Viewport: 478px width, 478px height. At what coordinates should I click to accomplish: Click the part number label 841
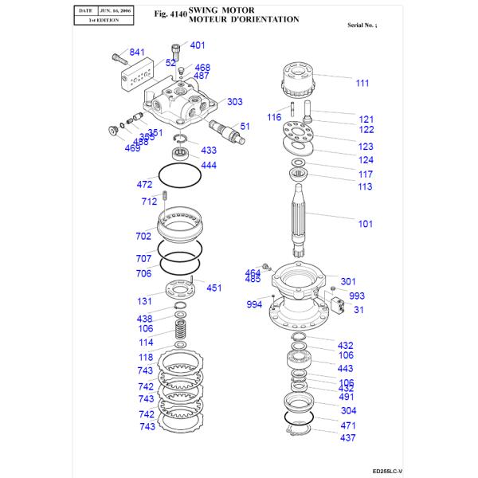137,53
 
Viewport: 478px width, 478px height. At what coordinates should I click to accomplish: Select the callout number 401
198,45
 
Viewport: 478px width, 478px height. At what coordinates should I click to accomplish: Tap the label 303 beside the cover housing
234,102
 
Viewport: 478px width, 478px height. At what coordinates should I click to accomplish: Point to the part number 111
362,83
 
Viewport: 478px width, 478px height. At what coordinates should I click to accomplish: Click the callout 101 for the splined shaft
365,225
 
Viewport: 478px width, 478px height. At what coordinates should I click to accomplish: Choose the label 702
143,237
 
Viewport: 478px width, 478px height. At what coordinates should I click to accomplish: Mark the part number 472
143,185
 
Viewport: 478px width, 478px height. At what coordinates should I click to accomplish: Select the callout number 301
348,281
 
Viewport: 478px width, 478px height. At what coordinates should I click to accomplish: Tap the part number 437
348,438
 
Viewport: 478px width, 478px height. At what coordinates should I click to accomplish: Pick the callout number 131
143,301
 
